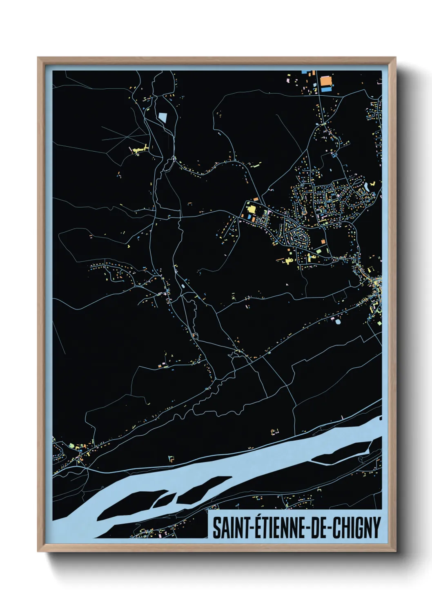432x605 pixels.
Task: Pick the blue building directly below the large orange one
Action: (x=326, y=87)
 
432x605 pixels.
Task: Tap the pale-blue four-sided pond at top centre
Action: (x=163, y=118)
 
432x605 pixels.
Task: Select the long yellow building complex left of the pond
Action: (x=139, y=149)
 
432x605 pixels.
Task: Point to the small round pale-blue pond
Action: (x=338, y=322)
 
